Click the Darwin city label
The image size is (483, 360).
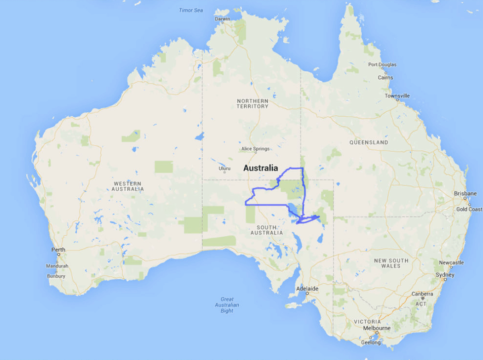pos(222,19)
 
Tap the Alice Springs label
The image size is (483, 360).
pos(255,149)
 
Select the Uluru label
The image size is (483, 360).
pos(224,168)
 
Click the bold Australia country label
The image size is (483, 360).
pos(260,168)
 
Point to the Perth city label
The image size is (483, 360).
pos(58,250)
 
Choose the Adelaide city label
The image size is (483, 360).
pos(307,289)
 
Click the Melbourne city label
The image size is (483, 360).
pos(377,328)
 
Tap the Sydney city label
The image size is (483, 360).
pos(445,275)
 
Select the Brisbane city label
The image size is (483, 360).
pos(465,194)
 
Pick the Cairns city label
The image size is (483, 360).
pos(385,78)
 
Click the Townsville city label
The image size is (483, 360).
pos(397,96)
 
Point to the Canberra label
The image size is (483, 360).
pos(422,294)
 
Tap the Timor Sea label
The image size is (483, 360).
pos(191,10)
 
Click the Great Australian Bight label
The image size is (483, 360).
pos(227,305)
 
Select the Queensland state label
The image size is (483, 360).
pos(368,143)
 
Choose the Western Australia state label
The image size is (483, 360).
pos(128,186)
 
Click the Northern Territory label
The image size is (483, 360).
pos(253,103)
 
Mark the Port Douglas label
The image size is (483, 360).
pos(382,65)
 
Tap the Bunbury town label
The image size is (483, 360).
pos(57,276)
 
